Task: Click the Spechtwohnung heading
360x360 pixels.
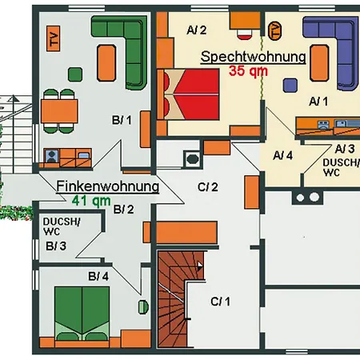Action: tap(253, 58)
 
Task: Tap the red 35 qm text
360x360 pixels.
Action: tap(248, 71)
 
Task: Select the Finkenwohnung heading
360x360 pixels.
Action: tap(108, 186)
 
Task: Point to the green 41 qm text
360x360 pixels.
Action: tap(91, 201)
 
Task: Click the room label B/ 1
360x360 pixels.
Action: tap(122, 120)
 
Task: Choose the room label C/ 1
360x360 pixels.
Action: tap(220, 302)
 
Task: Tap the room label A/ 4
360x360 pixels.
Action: tap(283, 155)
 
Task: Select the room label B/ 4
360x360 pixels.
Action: tap(98, 277)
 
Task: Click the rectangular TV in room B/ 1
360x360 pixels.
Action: tap(53, 38)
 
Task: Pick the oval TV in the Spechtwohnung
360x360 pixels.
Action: tap(274, 31)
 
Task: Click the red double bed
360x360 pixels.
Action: tap(188, 94)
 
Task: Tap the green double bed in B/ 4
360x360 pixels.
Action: tap(82, 314)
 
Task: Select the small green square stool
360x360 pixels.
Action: tap(75, 74)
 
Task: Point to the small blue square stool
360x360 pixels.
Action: tap(290, 86)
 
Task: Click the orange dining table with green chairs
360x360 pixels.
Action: tap(59, 111)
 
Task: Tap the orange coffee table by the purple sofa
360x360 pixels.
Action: tap(319, 63)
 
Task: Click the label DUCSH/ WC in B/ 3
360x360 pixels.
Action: tap(62, 226)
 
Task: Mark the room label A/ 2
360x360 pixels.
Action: tap(197, 30)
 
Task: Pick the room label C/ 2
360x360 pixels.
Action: tap(208, 187)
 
